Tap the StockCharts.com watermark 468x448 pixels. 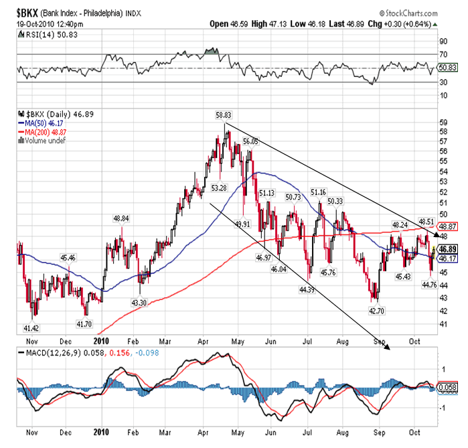coord(415,13)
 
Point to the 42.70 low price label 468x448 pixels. coord(377,311)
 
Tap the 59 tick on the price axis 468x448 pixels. coord(443,123)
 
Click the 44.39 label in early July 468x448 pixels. coord(307,290)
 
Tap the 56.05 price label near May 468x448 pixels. coord(250,142)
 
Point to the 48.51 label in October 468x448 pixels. coord(427,221)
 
